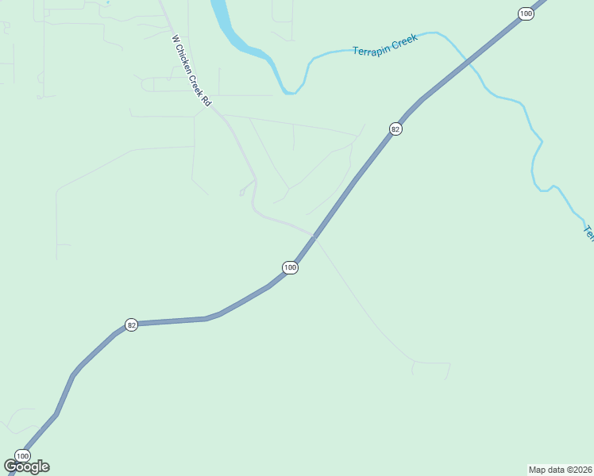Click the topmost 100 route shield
click(x=525, y=13)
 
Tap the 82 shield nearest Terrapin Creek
click(x=395, y=129)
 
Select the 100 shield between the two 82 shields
click(x=290, y=267)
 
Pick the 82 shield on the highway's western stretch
click(x=132, y=325)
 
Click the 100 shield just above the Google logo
click(x=22, y=455)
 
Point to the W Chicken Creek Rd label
click(x=191, y=71)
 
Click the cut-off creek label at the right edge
click(x=588, y=232)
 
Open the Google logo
click(x=26, y=466)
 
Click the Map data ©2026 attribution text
click(x=560, y=470)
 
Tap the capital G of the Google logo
click(x=10, y=466)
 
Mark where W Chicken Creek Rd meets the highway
click(x=315, y=236)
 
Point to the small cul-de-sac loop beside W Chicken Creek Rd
click(x=241, y=192)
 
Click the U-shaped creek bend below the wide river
click(x=291, y=92)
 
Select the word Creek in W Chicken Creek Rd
click(x=199, y=87)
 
